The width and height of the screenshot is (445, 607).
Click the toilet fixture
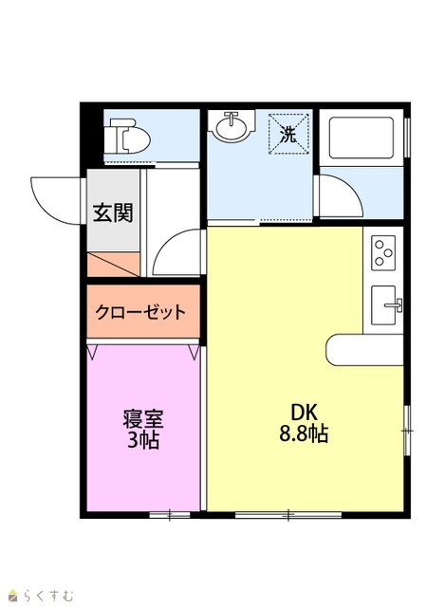point(130,136)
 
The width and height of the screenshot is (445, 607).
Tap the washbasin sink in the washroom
point(232,125)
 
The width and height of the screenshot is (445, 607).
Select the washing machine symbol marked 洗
point(288,134)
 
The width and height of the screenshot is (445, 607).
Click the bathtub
point(362,138)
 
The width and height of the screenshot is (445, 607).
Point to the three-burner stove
point(383,253)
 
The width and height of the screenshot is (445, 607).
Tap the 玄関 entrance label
point(113,212)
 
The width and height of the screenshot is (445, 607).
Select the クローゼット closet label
point(140,312)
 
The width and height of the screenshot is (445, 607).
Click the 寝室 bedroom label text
point(143,418)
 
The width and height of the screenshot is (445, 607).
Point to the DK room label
point(304,413)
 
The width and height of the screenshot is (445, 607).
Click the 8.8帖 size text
point(304,433)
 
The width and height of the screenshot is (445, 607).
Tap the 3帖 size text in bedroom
point(143,439)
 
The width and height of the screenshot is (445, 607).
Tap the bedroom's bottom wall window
point(170,515)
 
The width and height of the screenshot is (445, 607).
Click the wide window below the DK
point(288,515)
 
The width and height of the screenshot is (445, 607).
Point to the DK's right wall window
point(407,431)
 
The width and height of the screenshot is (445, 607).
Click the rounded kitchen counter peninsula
point(365,350)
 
